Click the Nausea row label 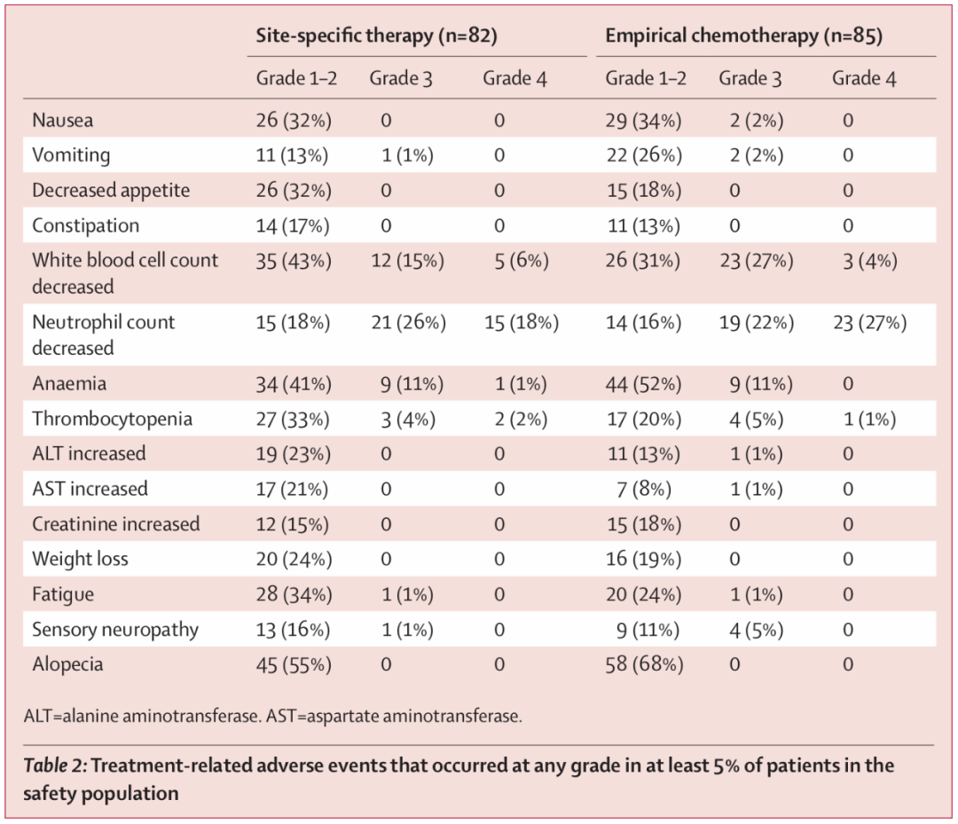[62, 120]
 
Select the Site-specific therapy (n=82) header [376, 35]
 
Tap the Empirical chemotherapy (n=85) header [743, 35]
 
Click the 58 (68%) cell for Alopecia [644, 664]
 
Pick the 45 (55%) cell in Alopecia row [294, 664]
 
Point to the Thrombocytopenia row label [112, 419]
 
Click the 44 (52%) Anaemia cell [643, 384]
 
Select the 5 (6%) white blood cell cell [522, 262]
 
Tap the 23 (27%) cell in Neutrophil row [870, 323]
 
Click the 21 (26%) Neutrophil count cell [409, 323]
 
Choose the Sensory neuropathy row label [114, 630]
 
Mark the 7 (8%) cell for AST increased [643, 490]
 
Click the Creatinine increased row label [115, 524]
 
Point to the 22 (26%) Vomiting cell [644, 155]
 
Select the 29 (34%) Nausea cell [643, 121]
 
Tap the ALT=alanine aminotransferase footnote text [142, 716]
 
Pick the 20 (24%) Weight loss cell [294, 560]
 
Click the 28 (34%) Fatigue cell [294, 594]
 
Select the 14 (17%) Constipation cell [292, 226]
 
